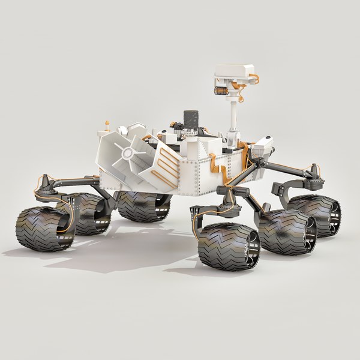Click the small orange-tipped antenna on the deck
click(x=107, y=124)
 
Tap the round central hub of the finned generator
click(x=127, y=154)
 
